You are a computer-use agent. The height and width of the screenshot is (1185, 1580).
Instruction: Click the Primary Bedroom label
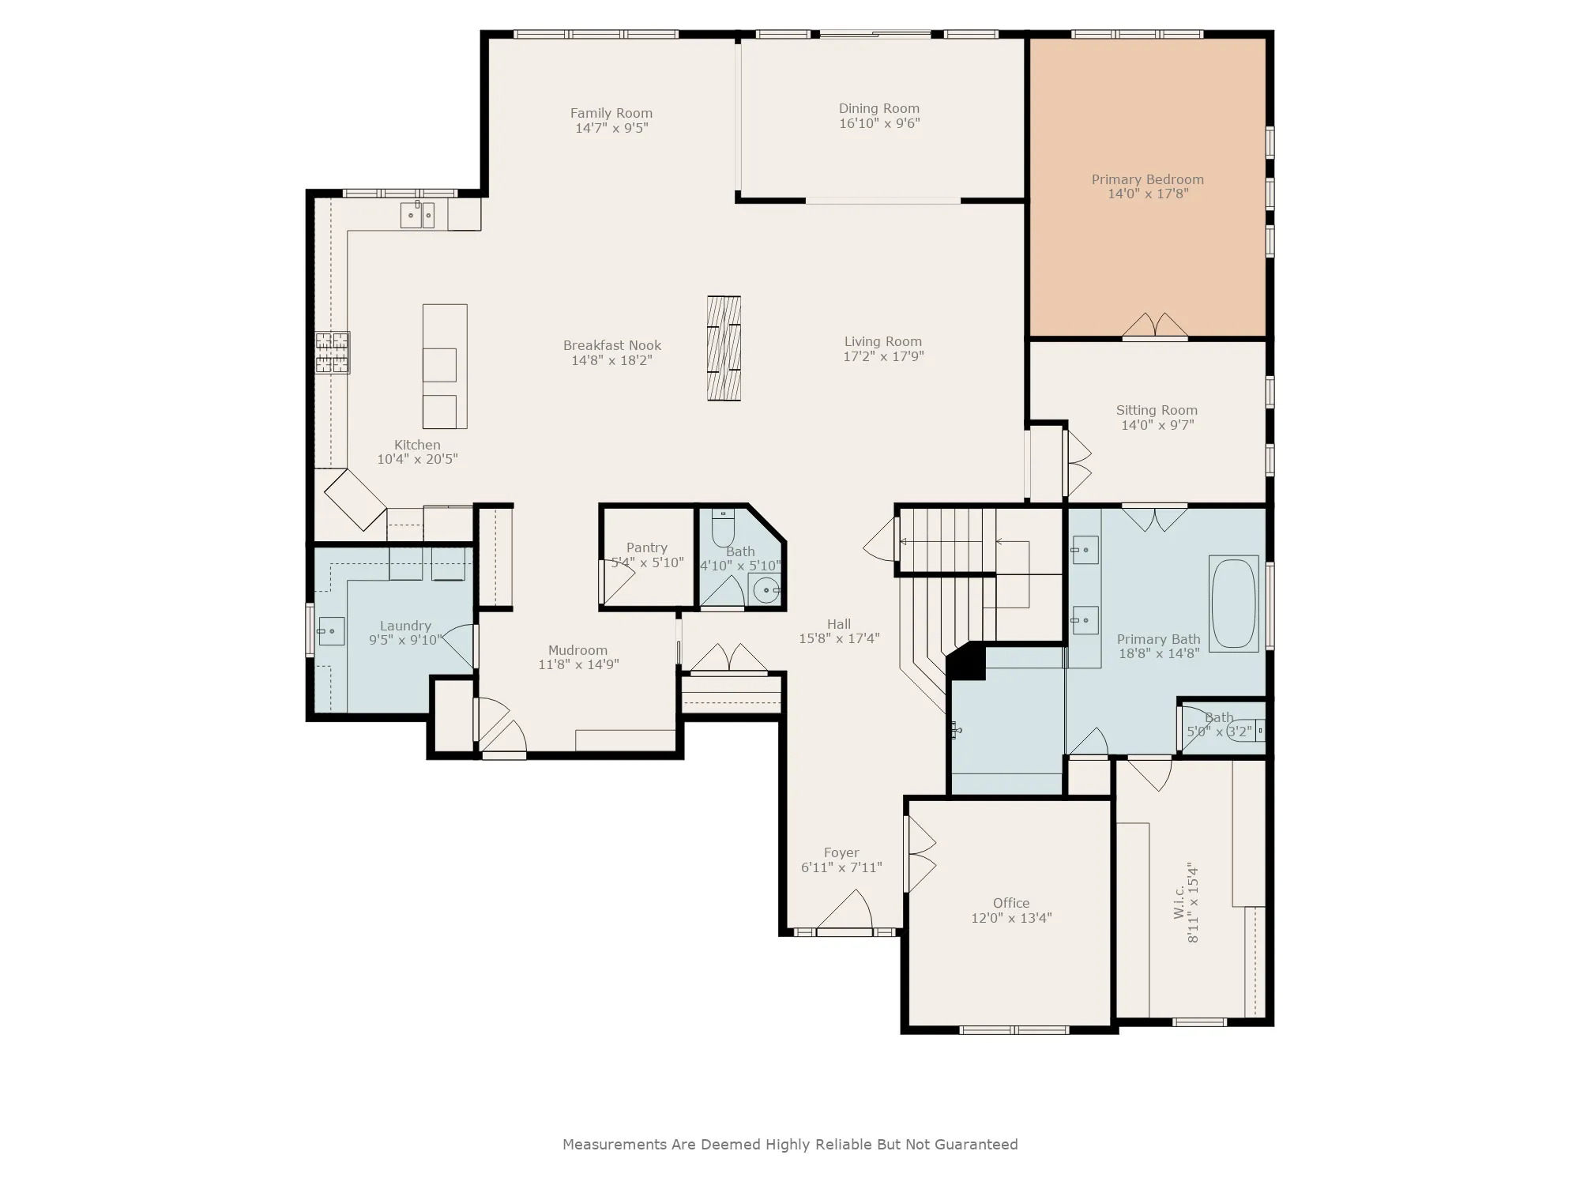click(1148, 179)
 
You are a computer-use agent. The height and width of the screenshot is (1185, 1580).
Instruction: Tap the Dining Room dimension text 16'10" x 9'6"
click(879, 123)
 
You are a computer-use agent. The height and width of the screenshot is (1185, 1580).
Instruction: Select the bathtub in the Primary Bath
click(1233, 604)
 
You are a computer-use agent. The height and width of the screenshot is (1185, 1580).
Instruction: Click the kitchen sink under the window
click(417, 215)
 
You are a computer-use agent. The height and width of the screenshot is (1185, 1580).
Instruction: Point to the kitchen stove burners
click(332, 352)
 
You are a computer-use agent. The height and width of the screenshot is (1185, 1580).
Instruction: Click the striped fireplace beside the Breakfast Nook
click(724, 348)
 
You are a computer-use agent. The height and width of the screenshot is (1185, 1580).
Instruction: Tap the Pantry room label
click(647, 547)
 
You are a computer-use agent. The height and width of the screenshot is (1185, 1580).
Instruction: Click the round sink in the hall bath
click(765, 589)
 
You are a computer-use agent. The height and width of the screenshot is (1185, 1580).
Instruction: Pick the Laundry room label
click(405, 626)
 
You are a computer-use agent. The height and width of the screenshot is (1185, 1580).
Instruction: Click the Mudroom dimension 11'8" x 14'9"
click(578, 664)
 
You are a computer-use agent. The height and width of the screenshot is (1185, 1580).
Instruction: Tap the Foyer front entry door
click(844, 912)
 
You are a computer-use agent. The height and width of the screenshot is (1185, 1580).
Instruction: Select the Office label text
click(1011, 903)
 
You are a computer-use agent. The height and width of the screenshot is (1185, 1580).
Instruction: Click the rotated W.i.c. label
click(1179, 901)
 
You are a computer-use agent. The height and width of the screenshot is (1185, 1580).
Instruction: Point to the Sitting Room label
click(1157, 410)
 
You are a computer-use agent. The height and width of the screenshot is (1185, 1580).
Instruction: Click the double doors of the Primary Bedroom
click(1155, 326)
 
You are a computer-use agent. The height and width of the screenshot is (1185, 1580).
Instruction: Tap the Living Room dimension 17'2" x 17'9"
click(883, 356)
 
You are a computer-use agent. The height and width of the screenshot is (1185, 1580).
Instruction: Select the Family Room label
click(611, 113)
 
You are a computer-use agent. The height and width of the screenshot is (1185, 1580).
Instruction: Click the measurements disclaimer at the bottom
click(790, 1144)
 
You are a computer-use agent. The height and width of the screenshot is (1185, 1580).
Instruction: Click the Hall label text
click(839, 624)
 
